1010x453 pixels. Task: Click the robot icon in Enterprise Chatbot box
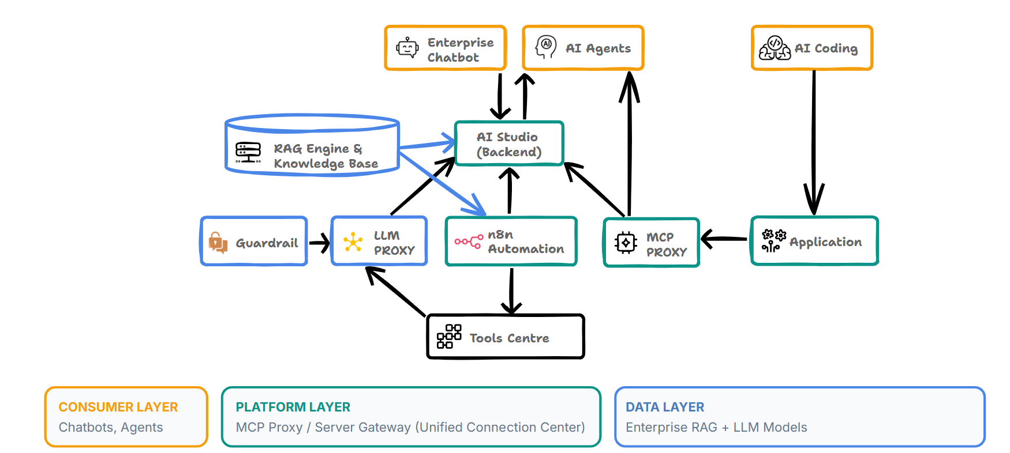point(407,48)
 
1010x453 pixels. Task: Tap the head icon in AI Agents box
point(545,47)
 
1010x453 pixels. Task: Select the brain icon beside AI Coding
point(775,48)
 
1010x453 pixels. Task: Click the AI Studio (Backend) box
point(508,144)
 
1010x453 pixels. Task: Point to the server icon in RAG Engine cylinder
point(248,153)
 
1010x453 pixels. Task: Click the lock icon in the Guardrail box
point(218,243)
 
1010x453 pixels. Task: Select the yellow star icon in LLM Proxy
point(353,242)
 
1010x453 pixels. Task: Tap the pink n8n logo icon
point(468,241)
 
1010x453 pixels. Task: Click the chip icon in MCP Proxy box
point(626,243)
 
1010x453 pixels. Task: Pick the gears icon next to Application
point(773,241)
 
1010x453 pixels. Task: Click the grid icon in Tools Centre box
point(448,337)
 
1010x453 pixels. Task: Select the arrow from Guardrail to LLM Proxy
point(319,243)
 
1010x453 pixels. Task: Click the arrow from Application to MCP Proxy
point(724,239)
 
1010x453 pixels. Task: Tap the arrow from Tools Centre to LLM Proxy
point(396,292)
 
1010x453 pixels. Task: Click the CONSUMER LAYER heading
point(118,407)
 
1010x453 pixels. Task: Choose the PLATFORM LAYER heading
point(293,407)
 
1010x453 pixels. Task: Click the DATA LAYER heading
point(665,407)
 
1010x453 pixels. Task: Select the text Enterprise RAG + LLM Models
point(716,428)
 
